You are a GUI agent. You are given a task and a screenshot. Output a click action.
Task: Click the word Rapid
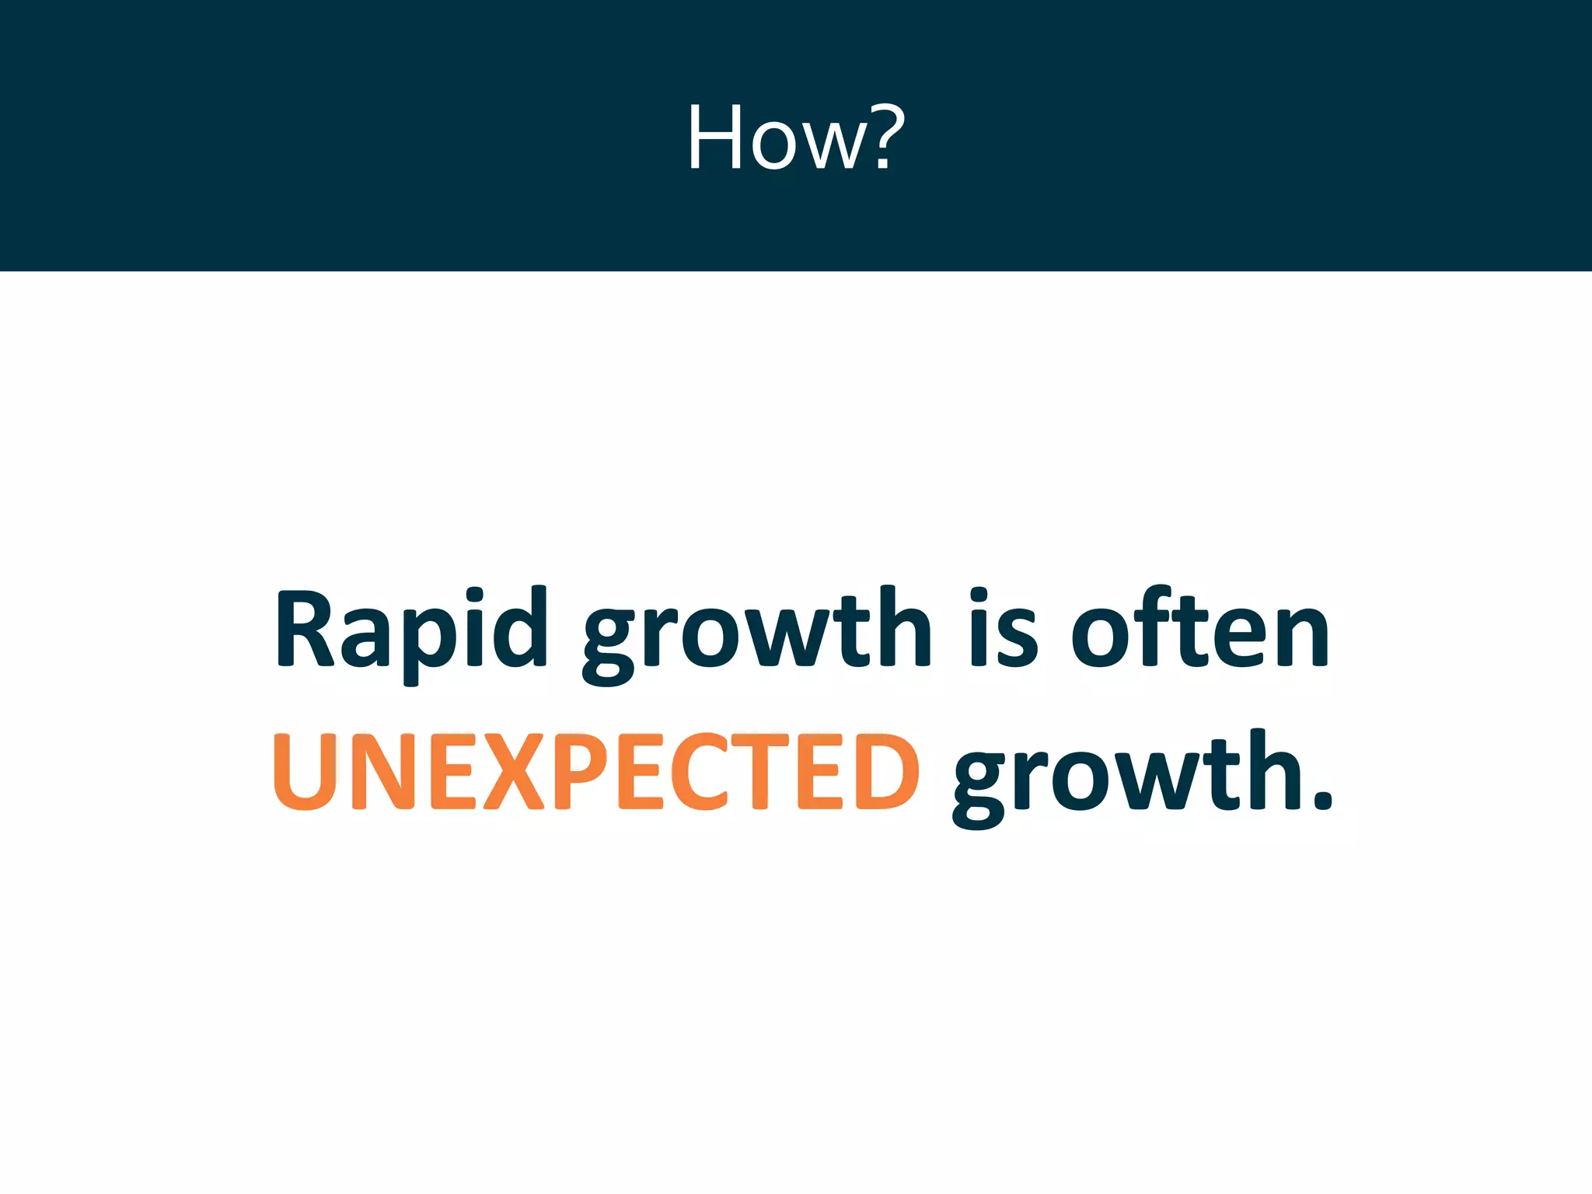[411, 630]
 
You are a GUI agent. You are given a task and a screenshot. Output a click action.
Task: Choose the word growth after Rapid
[756, 634]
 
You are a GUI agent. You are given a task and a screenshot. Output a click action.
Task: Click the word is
[1004, 630]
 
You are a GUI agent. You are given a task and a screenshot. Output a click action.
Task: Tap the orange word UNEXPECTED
[595, 772]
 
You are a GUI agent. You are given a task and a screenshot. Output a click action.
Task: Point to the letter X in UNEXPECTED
[514, 772]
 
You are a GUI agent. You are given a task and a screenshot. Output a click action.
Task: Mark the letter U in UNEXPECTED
[305, 772]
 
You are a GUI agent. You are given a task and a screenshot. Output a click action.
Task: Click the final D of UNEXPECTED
[888, 772]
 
